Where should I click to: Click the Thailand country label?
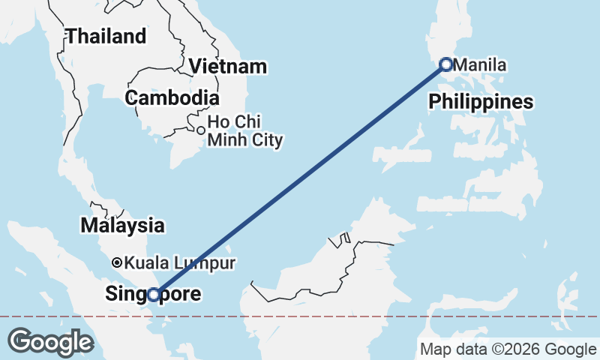click(x=106, y=36)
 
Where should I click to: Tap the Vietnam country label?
click(x=227, y=66)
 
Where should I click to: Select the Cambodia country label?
click(x=172, y=97)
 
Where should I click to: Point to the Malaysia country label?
click(x=122, y=225)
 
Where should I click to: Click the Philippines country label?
click(x=481, y=102)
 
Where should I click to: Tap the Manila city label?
click(x=480, y=65)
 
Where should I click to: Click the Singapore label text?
click(x=154, y=294)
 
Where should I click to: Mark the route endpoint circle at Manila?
click(x=446, y=65)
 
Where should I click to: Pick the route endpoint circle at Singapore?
click(x=154, y=295)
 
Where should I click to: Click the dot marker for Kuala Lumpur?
click(x=117, y=263)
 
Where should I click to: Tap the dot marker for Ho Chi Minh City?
click(x=200, y=130)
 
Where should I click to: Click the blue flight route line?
click(x=300, y=180)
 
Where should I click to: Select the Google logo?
click(x=50, y=342)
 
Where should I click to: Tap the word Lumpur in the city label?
click(x=211, y=263)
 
